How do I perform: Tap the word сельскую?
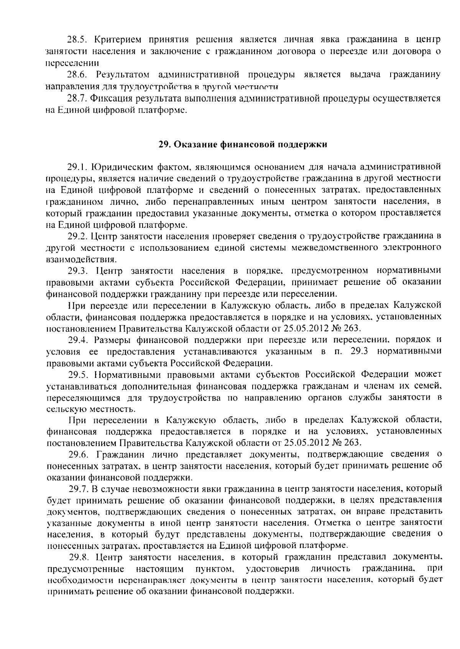click(62, 409)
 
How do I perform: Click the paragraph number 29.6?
click(79, 454)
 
